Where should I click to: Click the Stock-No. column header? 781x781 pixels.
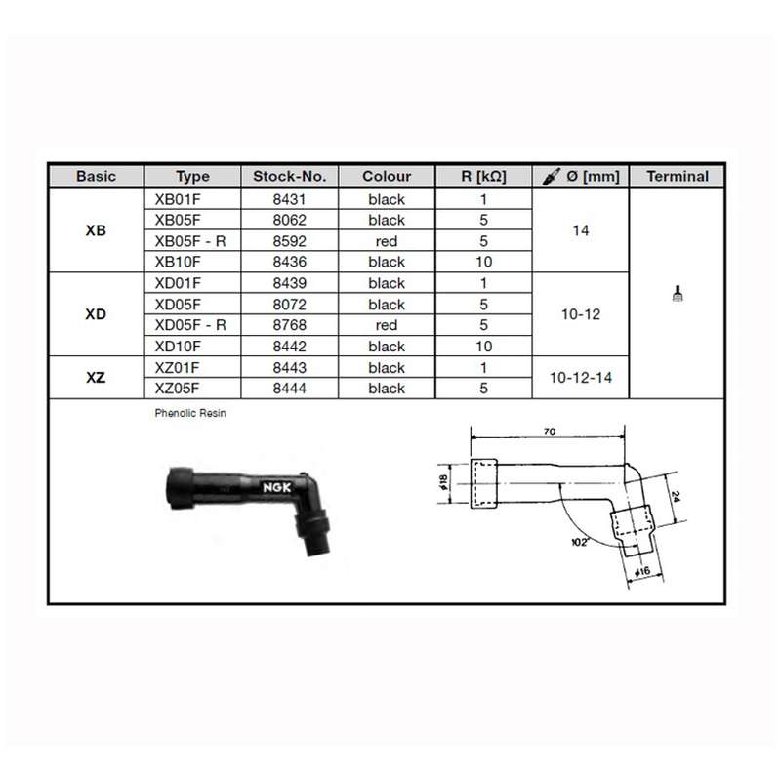[x=289, y=177]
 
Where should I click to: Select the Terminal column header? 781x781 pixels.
[x=678, y=177]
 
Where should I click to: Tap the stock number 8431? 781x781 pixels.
[x=289, y=199]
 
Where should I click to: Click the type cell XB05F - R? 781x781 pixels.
[x=190, y=241]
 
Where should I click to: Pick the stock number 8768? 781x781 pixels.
[x=289, y=325]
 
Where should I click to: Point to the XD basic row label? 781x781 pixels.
[x=96, y=314]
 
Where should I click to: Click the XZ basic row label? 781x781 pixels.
[x=96, y=378]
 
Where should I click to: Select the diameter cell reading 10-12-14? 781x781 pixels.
[x=581, y=378]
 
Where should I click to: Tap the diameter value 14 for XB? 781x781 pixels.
[x=581, y=230]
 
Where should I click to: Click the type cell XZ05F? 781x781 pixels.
[x=177, y=388]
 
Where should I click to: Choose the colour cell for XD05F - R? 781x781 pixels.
[x=387, y=325]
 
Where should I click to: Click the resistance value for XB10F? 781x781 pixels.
[x=483, y=262]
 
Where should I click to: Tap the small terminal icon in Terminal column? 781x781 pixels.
[x=678, y=294]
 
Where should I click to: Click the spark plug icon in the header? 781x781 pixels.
[x=552, y=177]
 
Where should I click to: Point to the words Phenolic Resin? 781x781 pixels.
[x=190, y=413]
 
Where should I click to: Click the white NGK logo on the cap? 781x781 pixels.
[x=277, y=487]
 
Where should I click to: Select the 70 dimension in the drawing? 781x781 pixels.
[x=550, y=432]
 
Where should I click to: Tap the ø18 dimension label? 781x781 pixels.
[x=443, y=481]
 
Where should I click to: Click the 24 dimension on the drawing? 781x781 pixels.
[x=676, y=496]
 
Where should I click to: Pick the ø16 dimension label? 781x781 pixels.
[x=642, y=571]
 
